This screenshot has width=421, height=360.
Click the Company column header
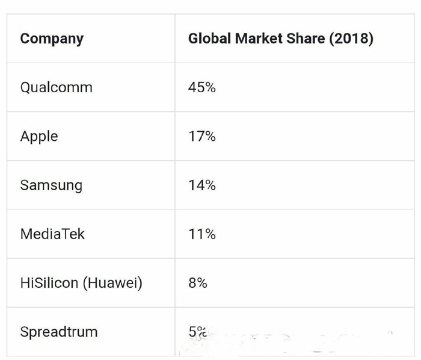pyautogui.click(x=52, y=39)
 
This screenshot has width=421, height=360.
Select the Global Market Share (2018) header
pyautogui.click(x=280, y=39)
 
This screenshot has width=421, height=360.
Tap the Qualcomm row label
pyautogui.click(x=57, y=87)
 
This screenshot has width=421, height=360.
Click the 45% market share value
pyautogui.click(x=201, y=87)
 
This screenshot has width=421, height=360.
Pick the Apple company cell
pyautogui.click(x=39, y=136)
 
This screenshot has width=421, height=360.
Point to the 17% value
pyautogui.click(x=201, y=136)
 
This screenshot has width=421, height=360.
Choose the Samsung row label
pyautogui.click(x=51, y=185)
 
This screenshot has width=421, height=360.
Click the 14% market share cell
pyautogui.click(x=201, y=185)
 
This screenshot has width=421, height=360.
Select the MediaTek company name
pyautogui.click(x=52, y=234)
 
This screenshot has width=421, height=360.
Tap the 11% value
pyautogui.click(x=201, y=234)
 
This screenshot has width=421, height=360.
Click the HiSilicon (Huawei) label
pyautogui.click(x=81, y=282)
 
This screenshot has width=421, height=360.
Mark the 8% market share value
pyautogui.click(x=198, y=282)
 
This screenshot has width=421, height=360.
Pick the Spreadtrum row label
pyautogui.click(x=58, y=332)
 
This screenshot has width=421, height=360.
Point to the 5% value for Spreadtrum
pyautogui.click(x=197, y=331)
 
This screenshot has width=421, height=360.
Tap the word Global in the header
pyautogui.click(x=209, y=39)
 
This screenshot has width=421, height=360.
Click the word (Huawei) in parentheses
pyautogui.click(x=114, y=282)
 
